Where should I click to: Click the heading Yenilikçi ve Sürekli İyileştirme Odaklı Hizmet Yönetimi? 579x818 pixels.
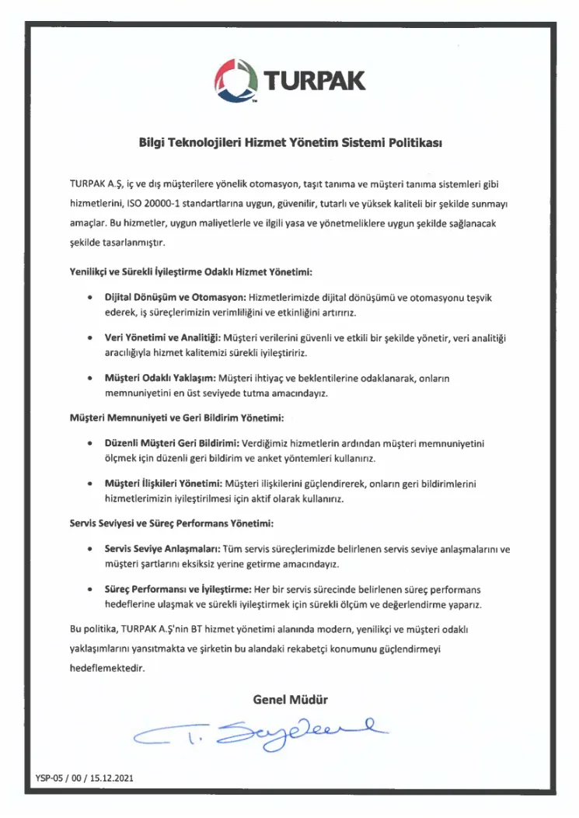[190, 273]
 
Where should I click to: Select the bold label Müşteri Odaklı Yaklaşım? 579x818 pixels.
[152, 379]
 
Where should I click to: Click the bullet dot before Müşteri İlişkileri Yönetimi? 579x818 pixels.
[92, 484]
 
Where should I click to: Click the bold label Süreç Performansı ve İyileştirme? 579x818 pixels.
[173, 589]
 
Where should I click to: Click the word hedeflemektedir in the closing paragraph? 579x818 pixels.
[107, 667]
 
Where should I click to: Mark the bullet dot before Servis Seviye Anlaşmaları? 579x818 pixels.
[92, 549]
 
